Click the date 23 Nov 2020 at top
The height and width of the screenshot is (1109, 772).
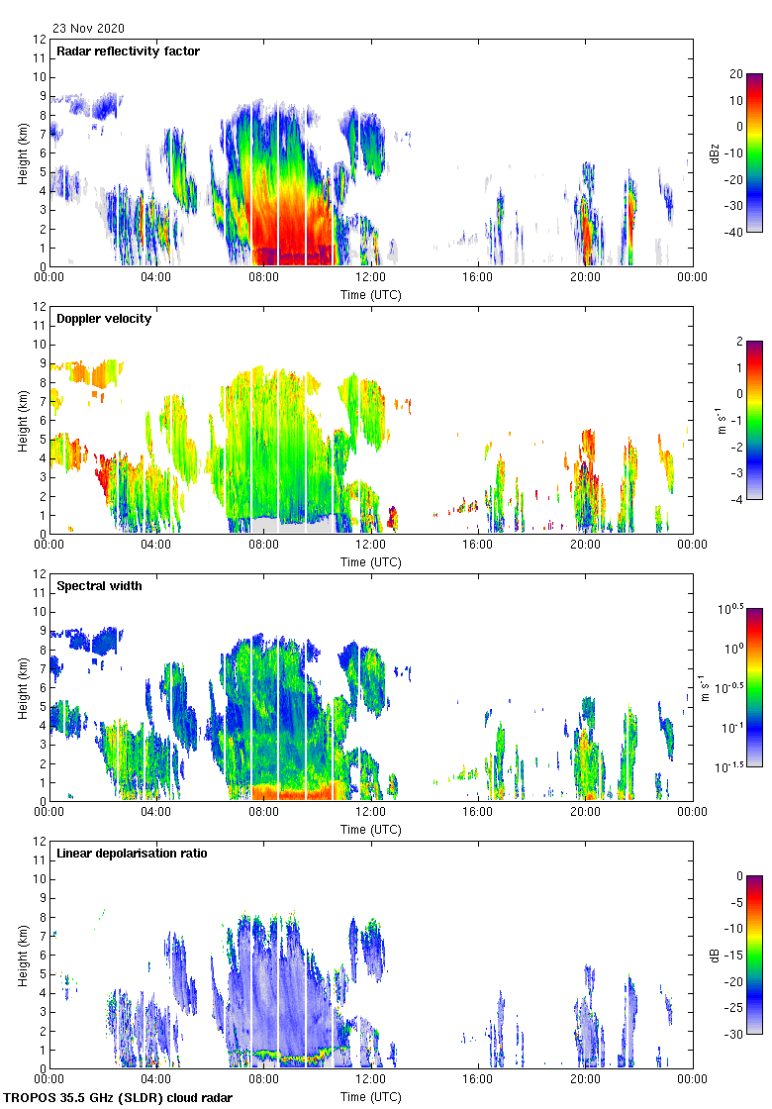click(89, 29)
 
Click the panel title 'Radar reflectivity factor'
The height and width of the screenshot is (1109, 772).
click(129, 51)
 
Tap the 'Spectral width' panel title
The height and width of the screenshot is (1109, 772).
click(99, 586)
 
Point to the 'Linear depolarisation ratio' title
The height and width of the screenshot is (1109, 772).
click(132, 853)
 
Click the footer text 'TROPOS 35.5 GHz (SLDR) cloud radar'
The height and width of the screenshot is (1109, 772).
click(119, 1098)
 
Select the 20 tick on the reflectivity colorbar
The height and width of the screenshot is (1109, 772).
click(736, 74)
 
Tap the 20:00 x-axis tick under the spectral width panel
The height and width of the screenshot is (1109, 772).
click(585, 813)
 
